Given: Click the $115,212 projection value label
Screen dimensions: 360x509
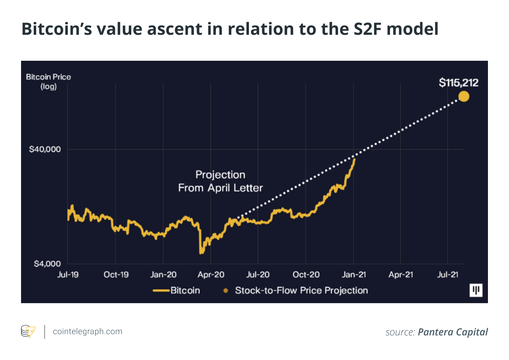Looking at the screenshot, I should click(x=458, y=83).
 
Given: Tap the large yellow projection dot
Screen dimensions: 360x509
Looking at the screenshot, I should click(x=464, y=96).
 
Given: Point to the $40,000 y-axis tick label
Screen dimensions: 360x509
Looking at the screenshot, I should click(x=45, y=149).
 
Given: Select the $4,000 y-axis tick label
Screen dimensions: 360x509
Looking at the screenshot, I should click(x=47, y=264).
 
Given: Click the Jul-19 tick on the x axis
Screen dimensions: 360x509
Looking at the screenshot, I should click(x=68, y=275).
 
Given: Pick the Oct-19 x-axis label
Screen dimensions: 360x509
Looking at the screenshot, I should click(x=116, y=275).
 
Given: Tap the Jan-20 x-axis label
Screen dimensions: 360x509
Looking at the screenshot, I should click(x=163, y=275).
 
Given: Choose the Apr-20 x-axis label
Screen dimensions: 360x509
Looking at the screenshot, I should click(x=211, y=275).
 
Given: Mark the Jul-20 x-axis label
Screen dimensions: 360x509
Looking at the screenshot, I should click(x=258, y=275).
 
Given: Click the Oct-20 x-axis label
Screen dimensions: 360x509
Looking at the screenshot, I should click(x=306, y=275).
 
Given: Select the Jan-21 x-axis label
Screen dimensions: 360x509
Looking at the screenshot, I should click(x=353, y=275).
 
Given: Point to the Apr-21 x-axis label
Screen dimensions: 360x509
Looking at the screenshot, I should click(x=401, y=275).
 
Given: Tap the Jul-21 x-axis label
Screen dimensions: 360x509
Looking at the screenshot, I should click(x=448, y=275).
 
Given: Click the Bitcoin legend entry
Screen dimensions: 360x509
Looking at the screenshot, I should click(x=185, y=290).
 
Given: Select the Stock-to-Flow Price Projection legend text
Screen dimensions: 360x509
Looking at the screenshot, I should click(x=301, y=290).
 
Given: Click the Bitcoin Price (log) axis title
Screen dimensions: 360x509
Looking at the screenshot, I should click(x=48, y=81).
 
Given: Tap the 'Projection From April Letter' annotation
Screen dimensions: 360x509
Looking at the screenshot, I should click(x=220, y=181).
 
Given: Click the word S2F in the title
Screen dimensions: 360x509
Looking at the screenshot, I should click(x=366, y=29).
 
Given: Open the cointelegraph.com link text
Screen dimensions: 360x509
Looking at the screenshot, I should click(x=87, y=332).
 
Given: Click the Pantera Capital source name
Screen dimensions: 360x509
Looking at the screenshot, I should click(x=452, y=332).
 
